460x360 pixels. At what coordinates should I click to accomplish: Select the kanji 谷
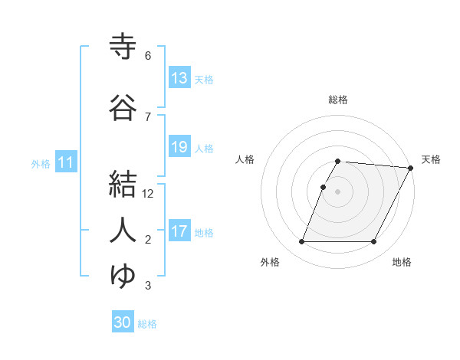pyautogui.click(x=123, y=107)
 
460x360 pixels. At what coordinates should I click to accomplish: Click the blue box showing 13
pyautogui.click(x=179, y=78)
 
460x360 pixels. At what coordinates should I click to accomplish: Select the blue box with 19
pyautogui.click(x=179, y=147)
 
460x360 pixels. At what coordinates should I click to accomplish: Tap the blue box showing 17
pyautogui.click(x=179, y=231)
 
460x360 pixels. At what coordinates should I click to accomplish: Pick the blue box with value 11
pyautogui.click(x=65, y=162)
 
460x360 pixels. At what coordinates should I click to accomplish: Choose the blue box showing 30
pyautogui.click(x=123, y=322)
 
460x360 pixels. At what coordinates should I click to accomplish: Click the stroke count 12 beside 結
pyautogui.click(x=149, y=194)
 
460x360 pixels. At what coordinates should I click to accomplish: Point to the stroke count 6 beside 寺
pyautogui.click(x=148, y=56)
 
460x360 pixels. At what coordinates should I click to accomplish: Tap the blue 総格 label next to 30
pyautogui.click(x=147, y=324)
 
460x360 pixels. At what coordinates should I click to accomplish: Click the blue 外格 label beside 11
pyautogui.click(x=41, y=164)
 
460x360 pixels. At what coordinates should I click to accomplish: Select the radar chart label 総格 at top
pyautogui.click(x=338, y=100)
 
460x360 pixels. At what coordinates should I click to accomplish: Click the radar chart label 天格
pyautogui.click(x=431, y=159)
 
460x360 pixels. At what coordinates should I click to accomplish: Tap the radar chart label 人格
pyautogui.click(x=245, y=159)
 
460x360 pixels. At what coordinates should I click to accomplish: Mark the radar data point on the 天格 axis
pyautogui.click(x=411, y=168)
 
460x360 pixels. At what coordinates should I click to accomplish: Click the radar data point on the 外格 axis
pyautogui.click(x=301, y=242)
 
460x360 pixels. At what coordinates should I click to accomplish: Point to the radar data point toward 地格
pyautogui.click(x=374, y=242)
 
